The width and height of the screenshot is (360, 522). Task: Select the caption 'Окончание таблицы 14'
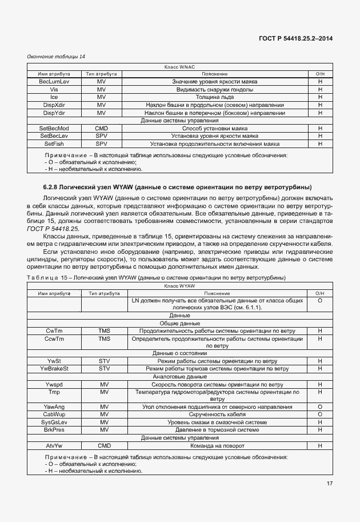pos(56,57)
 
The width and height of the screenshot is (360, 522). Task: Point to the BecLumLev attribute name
pos(54,82)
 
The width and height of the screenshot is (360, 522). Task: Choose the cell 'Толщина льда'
pos(214,97)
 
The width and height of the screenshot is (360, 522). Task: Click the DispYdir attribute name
pos(54,113)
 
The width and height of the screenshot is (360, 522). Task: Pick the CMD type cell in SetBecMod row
pos(102,129)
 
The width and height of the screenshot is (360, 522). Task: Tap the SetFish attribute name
pos(54,144)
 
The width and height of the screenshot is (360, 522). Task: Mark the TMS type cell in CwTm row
pos(104,330)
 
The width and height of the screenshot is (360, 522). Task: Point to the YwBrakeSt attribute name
pos(54,369)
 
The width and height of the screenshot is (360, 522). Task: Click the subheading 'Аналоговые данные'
pos(180,377)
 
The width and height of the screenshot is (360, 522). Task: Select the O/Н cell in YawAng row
pos(319,406)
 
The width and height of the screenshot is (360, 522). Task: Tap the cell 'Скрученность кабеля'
pos(214,414)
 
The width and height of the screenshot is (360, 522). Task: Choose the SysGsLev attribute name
pos(54,422)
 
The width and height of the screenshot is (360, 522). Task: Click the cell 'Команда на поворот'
pos(214,445)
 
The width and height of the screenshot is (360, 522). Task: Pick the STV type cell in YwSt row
pos(104,361)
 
